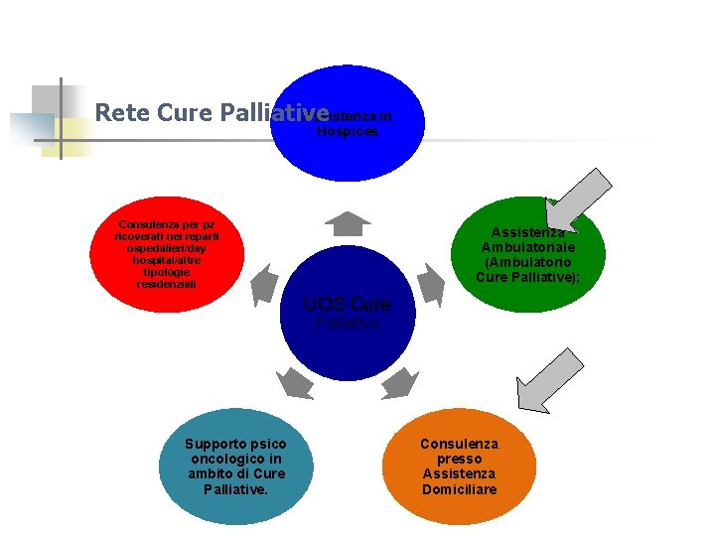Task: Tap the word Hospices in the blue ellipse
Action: (x=348, y=131)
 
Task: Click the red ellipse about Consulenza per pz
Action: (x=166, y=255)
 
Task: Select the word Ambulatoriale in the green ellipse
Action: (x=527, y=247)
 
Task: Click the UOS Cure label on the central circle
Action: (x=347, y=305)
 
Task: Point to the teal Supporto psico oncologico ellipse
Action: (x=235, y=467)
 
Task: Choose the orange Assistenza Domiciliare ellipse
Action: (x=458, y=467)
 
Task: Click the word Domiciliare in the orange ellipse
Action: (x=459, y=489)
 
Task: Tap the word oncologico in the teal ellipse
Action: (x=234, y=459)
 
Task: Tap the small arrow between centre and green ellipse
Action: (x=429, y=284)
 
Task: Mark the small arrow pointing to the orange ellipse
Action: (x=401, y=381)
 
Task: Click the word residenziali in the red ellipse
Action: (x=166, y=284)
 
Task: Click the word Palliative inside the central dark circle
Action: (x=347, y=324)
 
